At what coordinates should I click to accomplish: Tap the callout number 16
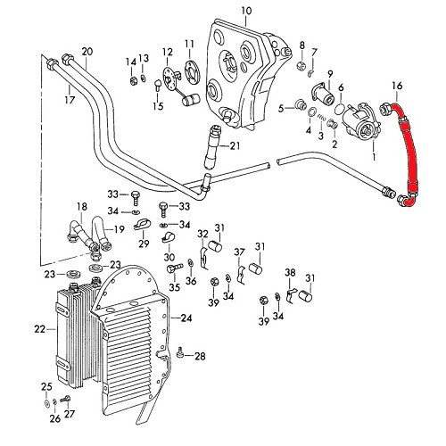click(x=397, y=86)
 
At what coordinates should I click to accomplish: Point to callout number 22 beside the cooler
click(x=39, y=330)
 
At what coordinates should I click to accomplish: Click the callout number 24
click(x=186, y=318)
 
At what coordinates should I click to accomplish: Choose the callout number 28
click(x=199, y=357)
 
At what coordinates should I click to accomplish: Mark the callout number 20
click(x=87, y=52)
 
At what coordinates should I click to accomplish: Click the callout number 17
click(x=68, y=101)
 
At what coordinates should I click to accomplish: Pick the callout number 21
click(x=235, y=145)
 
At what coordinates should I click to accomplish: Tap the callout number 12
click(x=167, y=53)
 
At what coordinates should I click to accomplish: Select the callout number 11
click(x=189, y=44)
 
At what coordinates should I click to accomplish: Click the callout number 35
click(x=175, y=287)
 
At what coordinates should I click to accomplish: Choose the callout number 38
click(x=290, y=272)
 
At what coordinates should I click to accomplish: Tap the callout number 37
click(x=239, y=252)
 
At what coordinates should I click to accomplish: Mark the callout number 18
click(x=82, y=206)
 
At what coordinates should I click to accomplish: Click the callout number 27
click(x=70, y=414)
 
